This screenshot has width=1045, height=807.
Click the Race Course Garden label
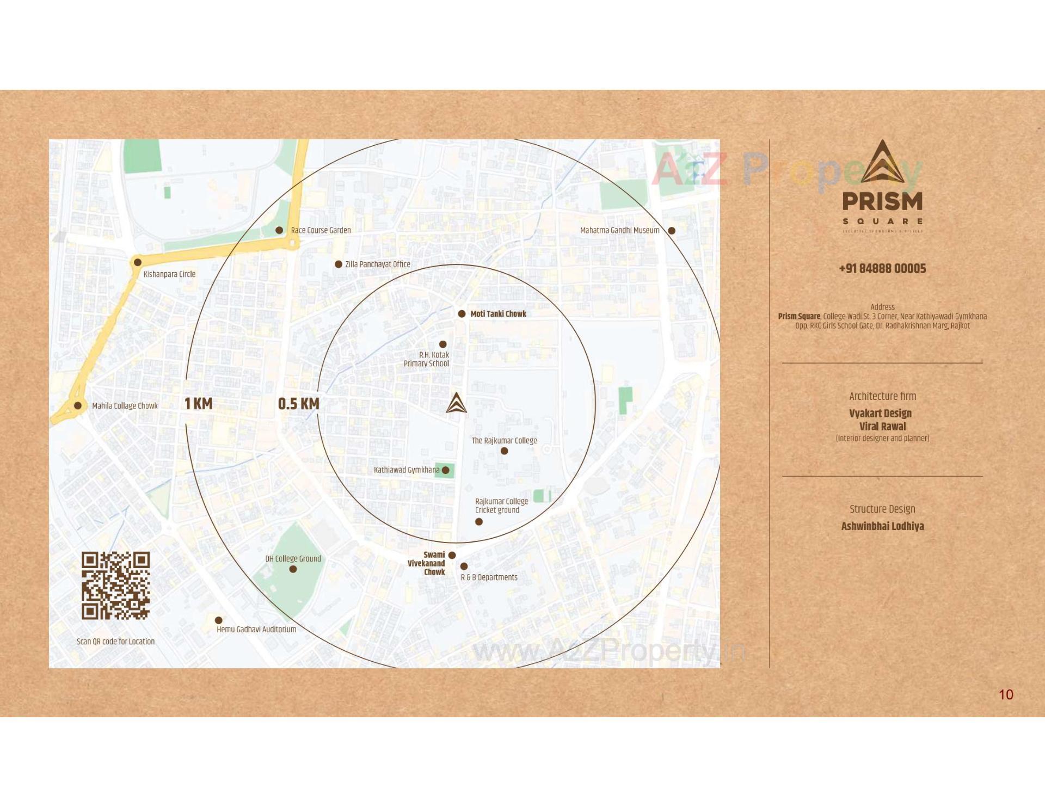click(321, 230)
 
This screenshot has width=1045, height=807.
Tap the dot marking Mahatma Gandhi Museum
click(672, 231)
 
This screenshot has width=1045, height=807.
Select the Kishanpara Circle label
click(169, 274)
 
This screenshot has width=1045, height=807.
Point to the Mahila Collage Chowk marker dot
click(78, 405)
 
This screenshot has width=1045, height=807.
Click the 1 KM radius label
click(198, 404)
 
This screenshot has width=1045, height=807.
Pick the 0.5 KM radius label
click(298, 404)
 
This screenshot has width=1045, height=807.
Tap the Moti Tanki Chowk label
click(498, 314)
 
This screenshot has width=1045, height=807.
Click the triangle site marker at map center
click(456, 403)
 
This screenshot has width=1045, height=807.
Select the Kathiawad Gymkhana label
click(406, 470)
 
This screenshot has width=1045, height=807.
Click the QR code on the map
click(115, 586)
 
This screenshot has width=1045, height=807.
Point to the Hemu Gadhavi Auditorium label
click(256, 630)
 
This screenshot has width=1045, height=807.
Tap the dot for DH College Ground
click(293, 569)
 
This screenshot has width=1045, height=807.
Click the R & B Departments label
click(489, 577)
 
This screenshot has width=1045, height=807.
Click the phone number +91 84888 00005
click(882, 268)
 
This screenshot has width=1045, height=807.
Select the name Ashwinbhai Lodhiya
click(882, 526)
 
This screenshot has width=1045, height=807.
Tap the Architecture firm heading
click(882, 396)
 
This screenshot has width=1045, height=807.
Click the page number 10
click(1006, 694)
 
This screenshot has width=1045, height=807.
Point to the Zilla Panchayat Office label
click(377, 264)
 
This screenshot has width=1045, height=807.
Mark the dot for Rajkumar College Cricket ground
click(479, 522)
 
